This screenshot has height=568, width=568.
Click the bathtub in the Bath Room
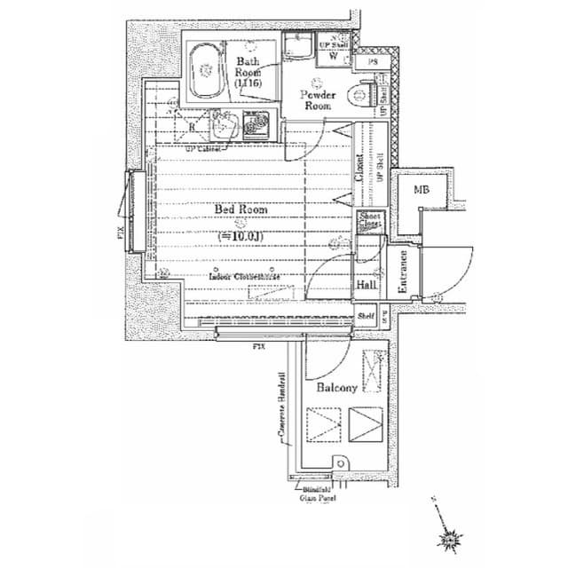(207, 71)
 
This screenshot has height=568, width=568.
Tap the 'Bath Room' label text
(247, 72)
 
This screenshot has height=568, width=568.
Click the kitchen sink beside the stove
(224, 128)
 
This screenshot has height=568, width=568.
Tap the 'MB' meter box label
(421, 190)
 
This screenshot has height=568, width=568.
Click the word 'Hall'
(366, 286)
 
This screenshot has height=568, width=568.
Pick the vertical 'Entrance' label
(402, 272)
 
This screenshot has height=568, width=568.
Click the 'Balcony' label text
(336, 388)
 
